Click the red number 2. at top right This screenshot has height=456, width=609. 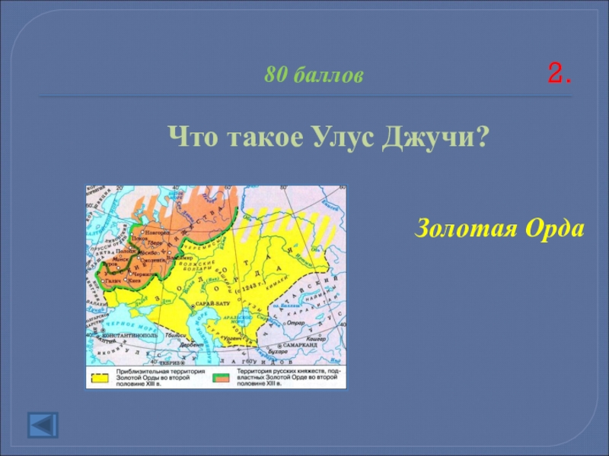pos(559,74)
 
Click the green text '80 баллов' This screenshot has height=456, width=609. pos(314,75)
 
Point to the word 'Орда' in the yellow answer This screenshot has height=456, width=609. pos(550,227)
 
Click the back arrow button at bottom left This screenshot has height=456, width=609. pos(42,425)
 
